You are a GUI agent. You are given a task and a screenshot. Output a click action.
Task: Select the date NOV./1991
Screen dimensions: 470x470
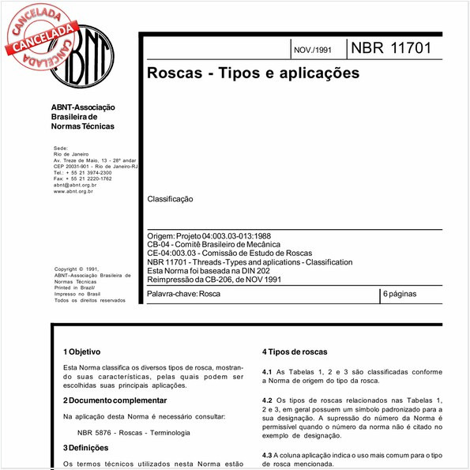(x=313, y=50)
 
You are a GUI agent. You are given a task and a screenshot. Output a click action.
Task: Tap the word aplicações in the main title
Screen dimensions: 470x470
(x=315, y=73)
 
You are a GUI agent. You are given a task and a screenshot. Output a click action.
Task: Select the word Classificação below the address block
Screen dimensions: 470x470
(x=170, y=200)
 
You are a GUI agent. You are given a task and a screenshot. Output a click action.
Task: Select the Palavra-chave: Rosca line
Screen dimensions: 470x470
(x=184, y=294)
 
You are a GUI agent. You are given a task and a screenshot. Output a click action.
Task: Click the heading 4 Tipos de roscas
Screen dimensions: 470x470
(x=300, y=351)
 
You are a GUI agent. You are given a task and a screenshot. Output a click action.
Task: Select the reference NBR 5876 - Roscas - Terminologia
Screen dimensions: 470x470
(x=133, y=432)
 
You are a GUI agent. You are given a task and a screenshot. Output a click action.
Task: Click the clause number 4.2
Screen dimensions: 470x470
(x=267, y=400)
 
